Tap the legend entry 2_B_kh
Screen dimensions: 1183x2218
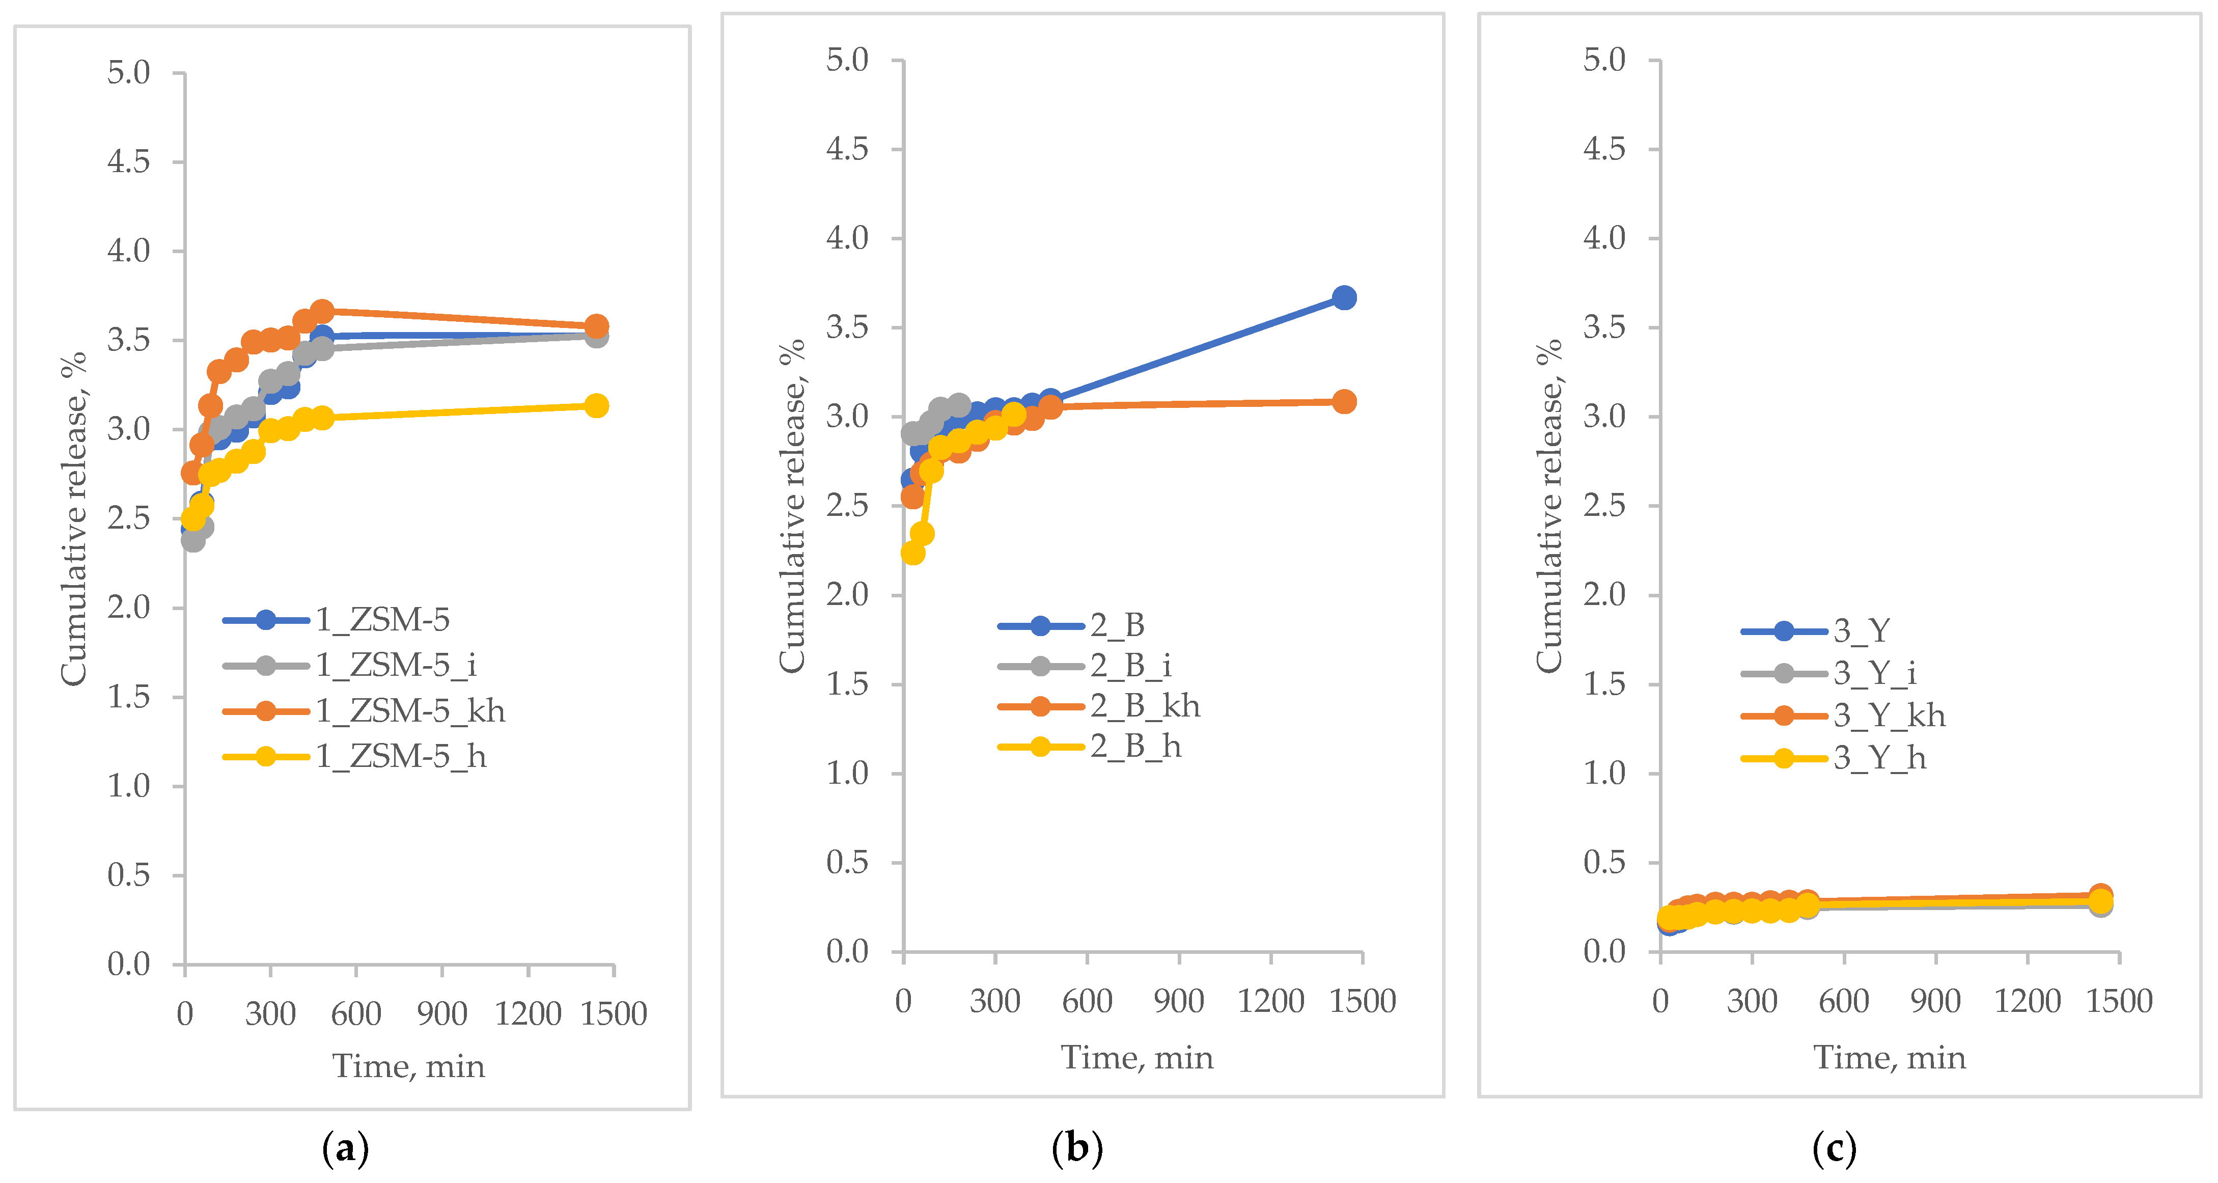click(x=1144, y=706)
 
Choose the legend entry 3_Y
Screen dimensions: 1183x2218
click(x=1860, y=631)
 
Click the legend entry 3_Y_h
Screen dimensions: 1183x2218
click(x=1879, y=758)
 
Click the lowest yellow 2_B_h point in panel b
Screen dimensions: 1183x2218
click(x=912, y=553)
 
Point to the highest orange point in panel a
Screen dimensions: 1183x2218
click(x=322, y=311)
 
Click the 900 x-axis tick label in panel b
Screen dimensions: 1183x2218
click(x=1178, y=1001)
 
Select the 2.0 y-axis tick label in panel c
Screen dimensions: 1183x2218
click(x=1604, y=594)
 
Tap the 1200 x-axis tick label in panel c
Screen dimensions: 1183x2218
click(x=2027, y=1001)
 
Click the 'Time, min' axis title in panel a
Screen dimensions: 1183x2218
click(x=409, y=1067)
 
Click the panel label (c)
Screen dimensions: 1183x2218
click(x=1834, y=1148)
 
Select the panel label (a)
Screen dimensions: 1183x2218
click(x=345, y=1148)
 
